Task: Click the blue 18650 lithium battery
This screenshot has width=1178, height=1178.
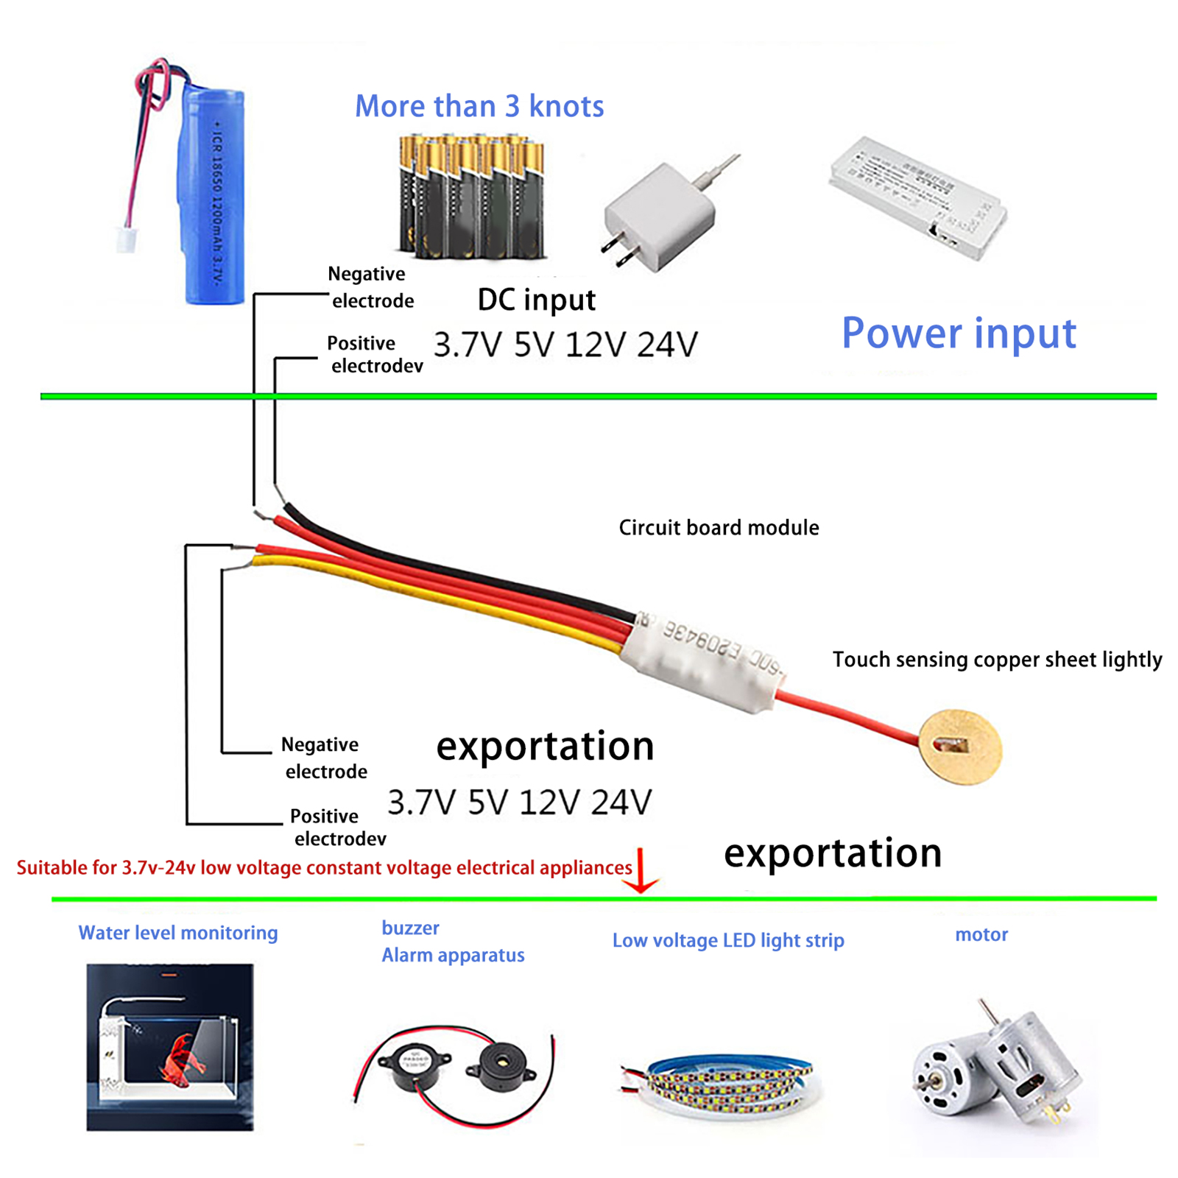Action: click(x=214, y=195)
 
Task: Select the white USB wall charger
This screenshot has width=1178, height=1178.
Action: click(x=660, y=216)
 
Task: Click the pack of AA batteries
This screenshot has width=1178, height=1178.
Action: click(x=472, y=197)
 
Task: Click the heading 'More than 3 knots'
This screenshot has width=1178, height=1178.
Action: click(x=479, y=107)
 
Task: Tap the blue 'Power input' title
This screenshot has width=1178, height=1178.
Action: click(x=958, y=333)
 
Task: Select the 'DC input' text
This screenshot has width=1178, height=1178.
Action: click(x=536, y=300)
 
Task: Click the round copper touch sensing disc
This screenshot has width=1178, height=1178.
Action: click(x=960, y=747)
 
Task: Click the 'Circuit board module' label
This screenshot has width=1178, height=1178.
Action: click(x=719, y=528)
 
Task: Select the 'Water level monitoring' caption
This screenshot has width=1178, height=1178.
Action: click(x=178, y=933)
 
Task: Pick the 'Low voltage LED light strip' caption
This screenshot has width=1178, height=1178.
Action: click(x=728, y=940)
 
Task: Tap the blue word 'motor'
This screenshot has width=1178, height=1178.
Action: click(x=981, y=934)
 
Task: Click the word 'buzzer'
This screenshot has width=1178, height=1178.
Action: click(x=410, y=928)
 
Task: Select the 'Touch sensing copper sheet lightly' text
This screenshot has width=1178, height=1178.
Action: click(x=997, y=660)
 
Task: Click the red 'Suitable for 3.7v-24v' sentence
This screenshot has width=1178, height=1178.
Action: click(x=324, y=868)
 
